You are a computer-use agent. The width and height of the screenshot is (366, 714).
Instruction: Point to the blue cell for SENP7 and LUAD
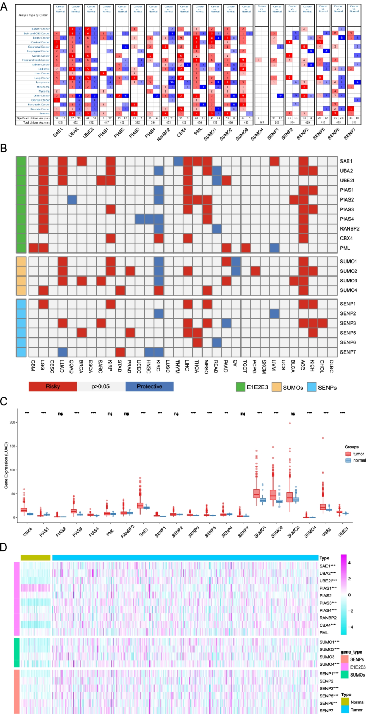pos(62,351)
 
